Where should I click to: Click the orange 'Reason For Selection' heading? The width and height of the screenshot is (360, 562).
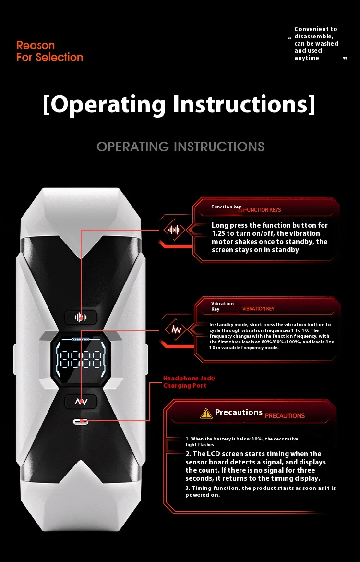point(49,51)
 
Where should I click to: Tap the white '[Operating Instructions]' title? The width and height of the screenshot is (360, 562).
point(179,104)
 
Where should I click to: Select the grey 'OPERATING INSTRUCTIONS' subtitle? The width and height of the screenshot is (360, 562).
point(180,147)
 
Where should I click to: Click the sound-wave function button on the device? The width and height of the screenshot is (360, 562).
point(81,317)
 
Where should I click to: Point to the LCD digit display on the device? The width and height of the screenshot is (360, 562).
point(81,358)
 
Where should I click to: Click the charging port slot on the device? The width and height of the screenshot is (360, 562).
point(81,421)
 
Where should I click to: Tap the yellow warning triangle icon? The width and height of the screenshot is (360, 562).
point(206,413)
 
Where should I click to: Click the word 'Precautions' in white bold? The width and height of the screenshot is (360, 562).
point(239,412)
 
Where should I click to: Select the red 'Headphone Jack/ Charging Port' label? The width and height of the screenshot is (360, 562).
point(189,382)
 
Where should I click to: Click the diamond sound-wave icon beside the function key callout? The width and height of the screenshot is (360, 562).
point(174,230)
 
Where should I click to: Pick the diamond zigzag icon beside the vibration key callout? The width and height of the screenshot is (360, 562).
point(174,330)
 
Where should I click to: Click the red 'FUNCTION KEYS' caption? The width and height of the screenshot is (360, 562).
point(263,210)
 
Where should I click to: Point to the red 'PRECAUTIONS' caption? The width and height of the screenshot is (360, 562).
point(285,415)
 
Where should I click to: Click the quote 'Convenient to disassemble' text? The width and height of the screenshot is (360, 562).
point(316,43)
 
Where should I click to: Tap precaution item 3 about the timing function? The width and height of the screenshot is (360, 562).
point(261,491)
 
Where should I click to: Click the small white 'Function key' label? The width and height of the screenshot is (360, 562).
point(226,207)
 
